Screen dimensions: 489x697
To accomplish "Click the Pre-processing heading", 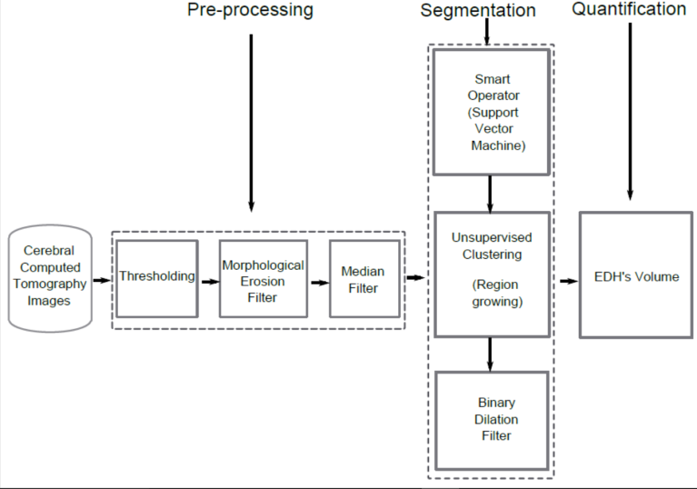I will coord(250,11).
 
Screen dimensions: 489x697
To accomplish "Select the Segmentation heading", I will coord(478,11).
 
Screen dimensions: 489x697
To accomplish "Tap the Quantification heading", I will coord(629,10).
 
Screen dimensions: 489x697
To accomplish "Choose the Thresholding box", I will coord(156,277).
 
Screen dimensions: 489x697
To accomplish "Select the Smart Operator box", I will coord(491,112).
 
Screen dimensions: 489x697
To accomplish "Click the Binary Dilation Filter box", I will coord(491,420).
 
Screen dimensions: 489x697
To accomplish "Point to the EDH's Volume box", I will coord(636,276).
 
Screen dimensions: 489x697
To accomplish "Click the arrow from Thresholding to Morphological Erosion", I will coord(209,281).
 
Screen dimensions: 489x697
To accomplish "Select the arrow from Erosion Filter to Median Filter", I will coord(318,281).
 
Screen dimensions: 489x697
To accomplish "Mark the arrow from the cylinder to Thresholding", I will coord(102,281).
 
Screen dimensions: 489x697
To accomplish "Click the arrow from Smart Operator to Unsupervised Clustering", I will coord(491,193).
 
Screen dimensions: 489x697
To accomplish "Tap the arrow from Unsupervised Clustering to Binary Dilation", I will coord(491,354).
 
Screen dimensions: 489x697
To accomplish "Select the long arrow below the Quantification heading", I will coord(630,109).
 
